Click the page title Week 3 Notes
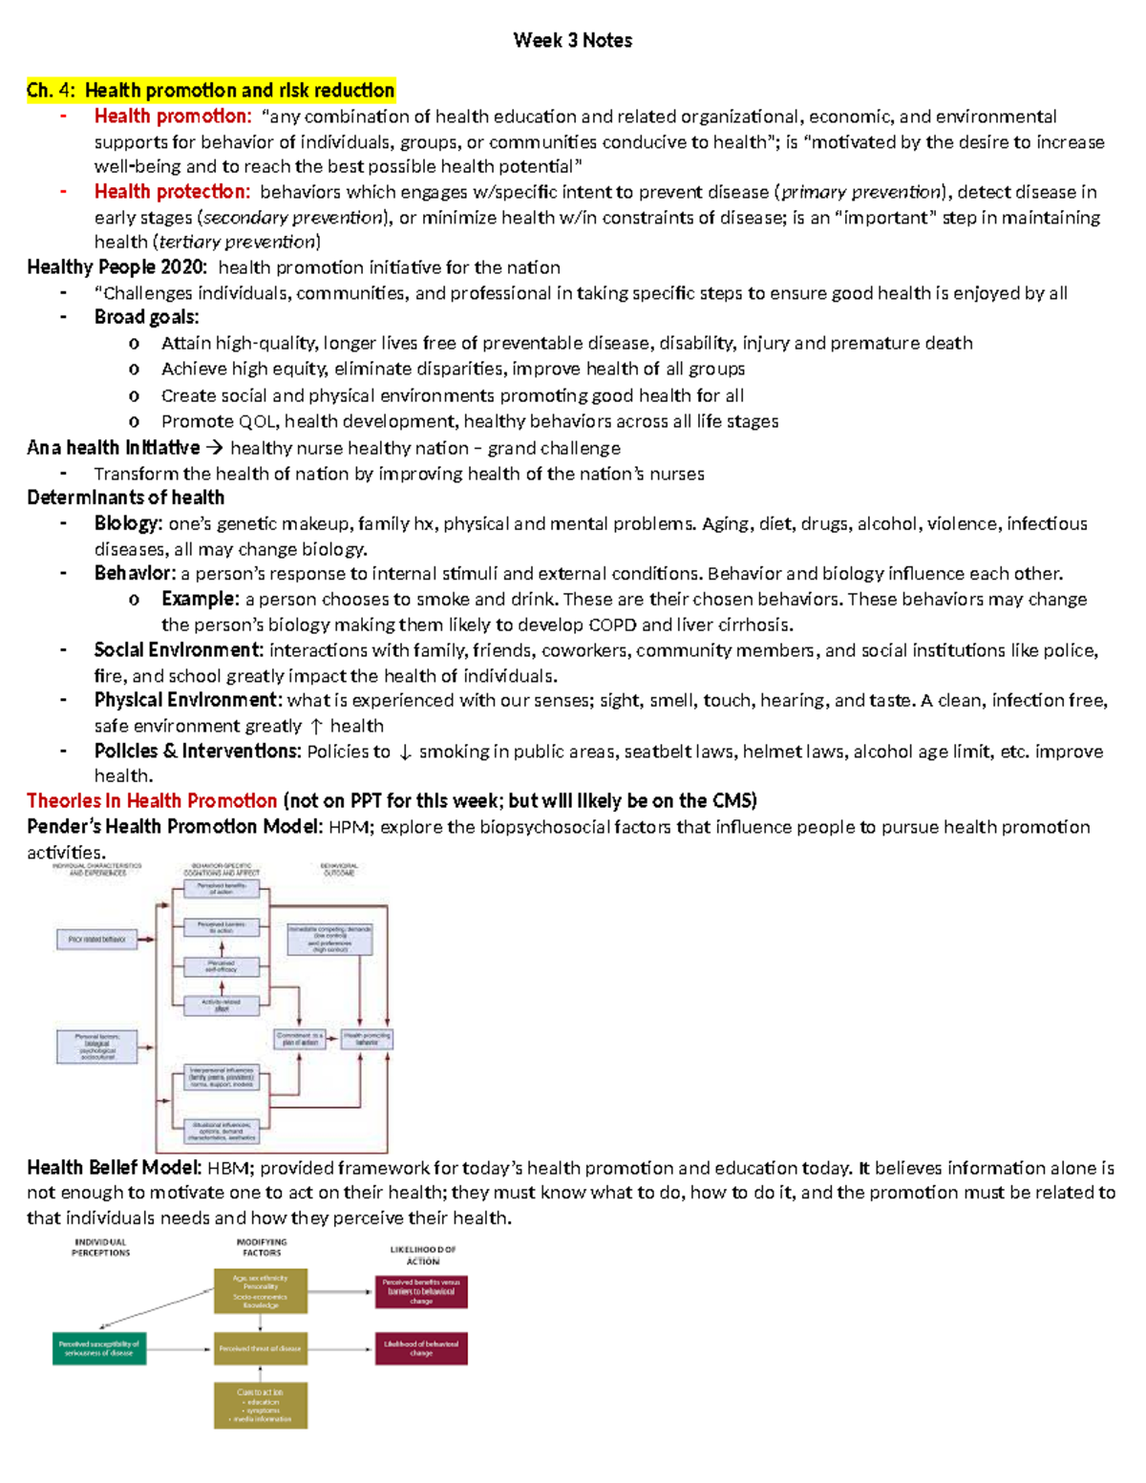click(572, 40)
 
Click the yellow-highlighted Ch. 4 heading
click(210, 91)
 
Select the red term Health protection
click(171, 192)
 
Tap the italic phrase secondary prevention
click(293, 218)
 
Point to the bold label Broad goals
click(146, 318)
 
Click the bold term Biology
click(127, 523)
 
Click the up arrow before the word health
click(316, 727)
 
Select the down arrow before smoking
click(405, 752)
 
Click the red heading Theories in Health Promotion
click(152, 801)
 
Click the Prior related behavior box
click(96, 940)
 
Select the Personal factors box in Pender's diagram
click(96, 1047)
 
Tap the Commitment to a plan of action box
click(300, 1039)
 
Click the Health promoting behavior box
click(367, 1039)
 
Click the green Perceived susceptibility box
click(99, 1348)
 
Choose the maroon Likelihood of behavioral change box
click(421, 1348)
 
